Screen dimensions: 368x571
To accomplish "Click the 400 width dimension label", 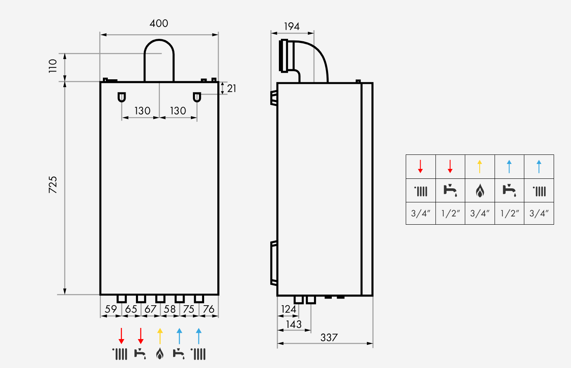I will [x=159, y=24].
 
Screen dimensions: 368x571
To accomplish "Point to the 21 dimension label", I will [x=232, y=88].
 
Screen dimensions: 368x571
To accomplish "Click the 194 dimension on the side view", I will [x=292, y=26].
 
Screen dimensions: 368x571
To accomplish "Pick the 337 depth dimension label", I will [x=329, y=337].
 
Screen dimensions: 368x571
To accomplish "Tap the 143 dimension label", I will [x=294, y=324].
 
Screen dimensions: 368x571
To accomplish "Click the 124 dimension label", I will [x=288, y=309].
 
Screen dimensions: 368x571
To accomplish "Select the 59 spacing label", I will [x=111, y=309].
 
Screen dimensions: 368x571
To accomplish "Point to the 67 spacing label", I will [x=150, y=309].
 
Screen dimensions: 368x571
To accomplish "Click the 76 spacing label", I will [x=209, y=309].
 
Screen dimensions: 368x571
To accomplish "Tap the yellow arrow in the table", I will [x=480, y=166].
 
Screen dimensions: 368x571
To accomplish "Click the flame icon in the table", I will [x=480, y=191].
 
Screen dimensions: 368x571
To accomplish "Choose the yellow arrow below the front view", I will [x=160, y=336].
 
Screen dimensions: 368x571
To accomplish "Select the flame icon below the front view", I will [x=160, y=354].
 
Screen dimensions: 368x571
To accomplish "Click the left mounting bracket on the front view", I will [x=121, y=97].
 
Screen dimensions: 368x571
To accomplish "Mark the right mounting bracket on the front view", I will [x=197, y=97].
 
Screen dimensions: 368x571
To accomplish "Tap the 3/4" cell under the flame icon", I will [x=480, y=213].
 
